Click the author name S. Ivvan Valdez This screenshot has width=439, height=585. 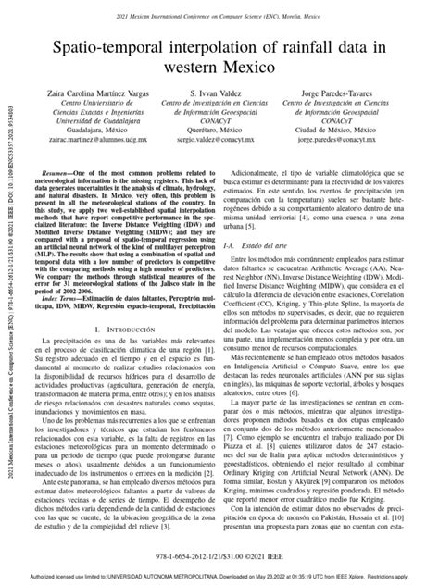(x=220, y=94)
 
